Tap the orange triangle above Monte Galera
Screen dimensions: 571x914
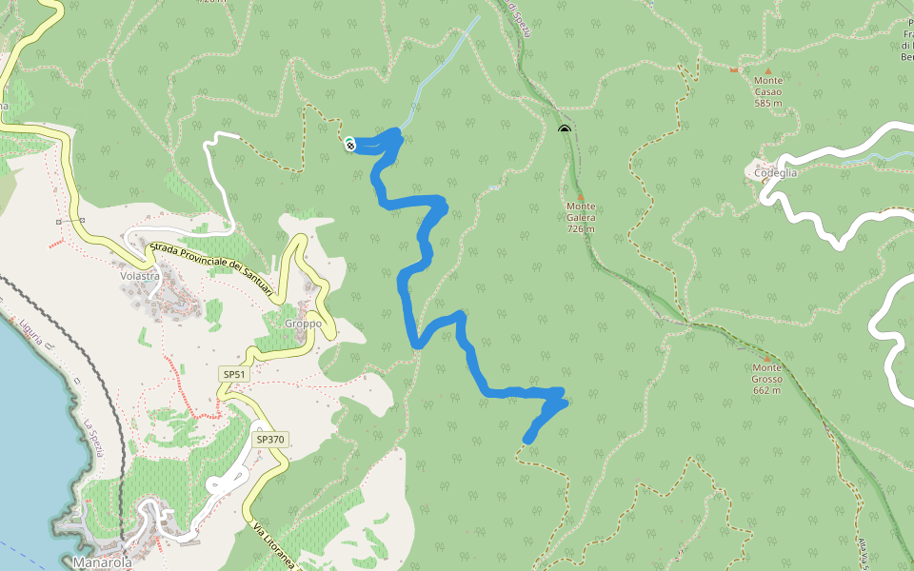tap(580, 197)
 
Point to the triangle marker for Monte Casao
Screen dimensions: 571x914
tap(768, 70)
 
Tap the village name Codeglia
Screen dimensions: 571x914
tap(775, 173)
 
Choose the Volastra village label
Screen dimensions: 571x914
tap(138, 277)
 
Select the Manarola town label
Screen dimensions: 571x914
tap(102, 562)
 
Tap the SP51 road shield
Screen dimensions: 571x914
tap(234, 375)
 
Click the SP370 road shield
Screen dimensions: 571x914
tap(270, 440)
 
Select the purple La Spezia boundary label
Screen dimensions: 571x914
tap(92, 437)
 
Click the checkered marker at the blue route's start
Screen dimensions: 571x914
tap(350, 145)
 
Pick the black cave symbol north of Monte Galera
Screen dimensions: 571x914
tap(565, 128)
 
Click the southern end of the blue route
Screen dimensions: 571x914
tap(527, 440)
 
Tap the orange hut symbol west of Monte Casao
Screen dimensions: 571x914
tap(733, 70)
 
